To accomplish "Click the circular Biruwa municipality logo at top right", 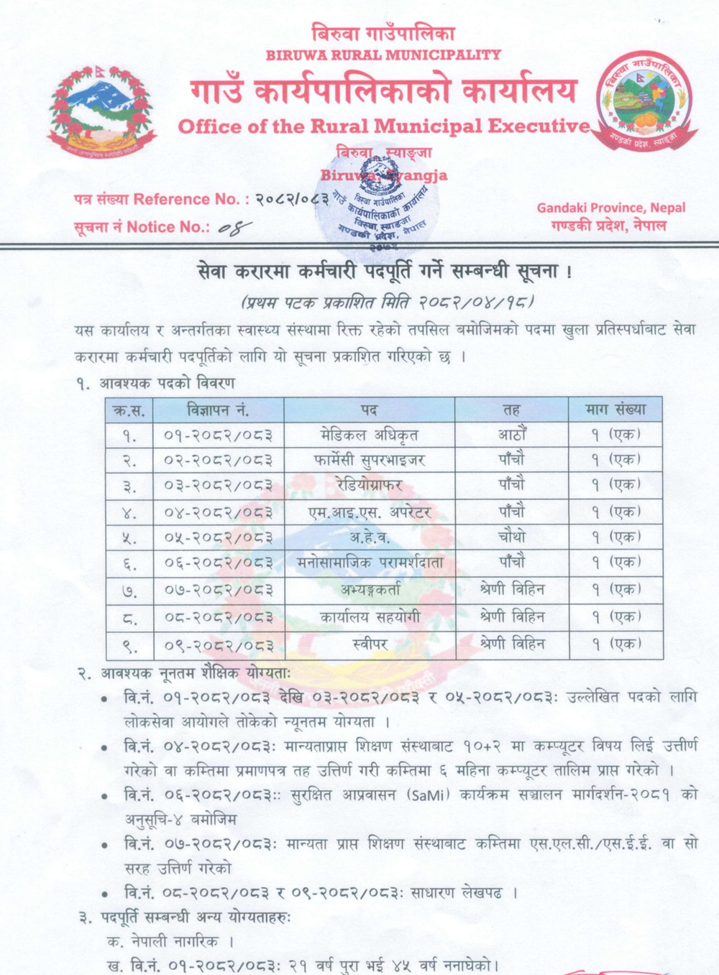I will pyautogui.click(x=646, y=101).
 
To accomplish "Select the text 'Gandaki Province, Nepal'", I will pyautogui.click(x=610, y=208).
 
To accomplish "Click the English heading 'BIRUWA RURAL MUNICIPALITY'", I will pyautogui.click(x=383, y=55).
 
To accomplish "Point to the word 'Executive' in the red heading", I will pyautogui.click(x=539, y=126).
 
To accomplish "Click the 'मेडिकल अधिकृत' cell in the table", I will pyautogui.click(x=369, y=435).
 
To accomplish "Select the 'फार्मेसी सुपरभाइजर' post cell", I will pyautogui.click(x=369, y=460).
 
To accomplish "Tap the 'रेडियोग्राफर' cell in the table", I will pyautogui.click(x=369, y=486).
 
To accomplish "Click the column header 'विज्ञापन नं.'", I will pyautogui.click(x=218, y=410).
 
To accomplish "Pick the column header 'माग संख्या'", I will pyautogui.click(x=615, y=410).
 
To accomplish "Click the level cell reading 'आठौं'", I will pyautogui.click(x=512, y=435).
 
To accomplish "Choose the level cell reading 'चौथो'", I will pyautogui.click(x=512, y=537).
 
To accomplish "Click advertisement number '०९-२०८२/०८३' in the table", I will pyautogui.click(x=219, y=645).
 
